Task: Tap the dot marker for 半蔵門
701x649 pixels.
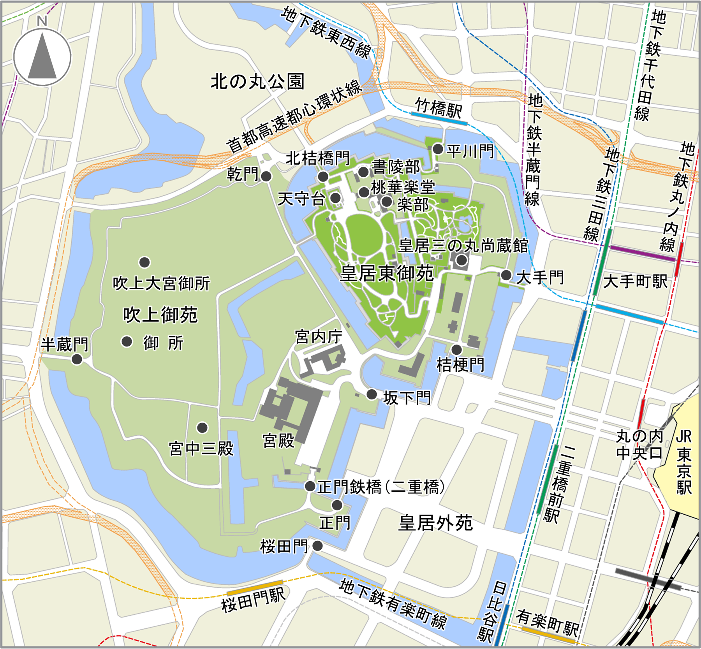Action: pyautogui.click(x=77, y=359)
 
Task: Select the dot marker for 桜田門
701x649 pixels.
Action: pyautogui.click(x=317, y=546)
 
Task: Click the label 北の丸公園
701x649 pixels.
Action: pyautogui.click(x=257, y=82)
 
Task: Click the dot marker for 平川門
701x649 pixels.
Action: pyautogui.click(x=438, y=149)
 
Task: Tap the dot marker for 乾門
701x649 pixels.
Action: pyautogui.click(x=266, y=176)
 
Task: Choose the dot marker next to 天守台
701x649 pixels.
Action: pyautogui.click(x=335, y=198)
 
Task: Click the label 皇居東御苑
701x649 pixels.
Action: pyautogui.click(x=386, y=273)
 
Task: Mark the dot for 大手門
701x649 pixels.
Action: pyautogui.click(x=506, y=275)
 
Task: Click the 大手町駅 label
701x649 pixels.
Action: pyautogui.click(x=635, y=281)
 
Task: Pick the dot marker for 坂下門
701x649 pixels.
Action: pyautogui.click(x=372, y=394)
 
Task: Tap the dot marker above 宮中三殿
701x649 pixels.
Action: pyautogui.click(x=202, y=427)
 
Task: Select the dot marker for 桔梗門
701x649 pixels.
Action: pyautogui.click(x=456, y=349)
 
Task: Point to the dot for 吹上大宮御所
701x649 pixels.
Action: pyautogui.click(x=144, y=262)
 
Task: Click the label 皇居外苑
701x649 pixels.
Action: pyautogui.click(x=435, y=523)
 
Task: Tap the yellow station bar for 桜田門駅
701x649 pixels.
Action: pyautogui.click(x=255, y=588)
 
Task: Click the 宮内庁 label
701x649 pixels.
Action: pyautogui.click(x=319, y=336)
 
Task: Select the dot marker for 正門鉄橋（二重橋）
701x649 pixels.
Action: pyautogui.click(x=310, y=486)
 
